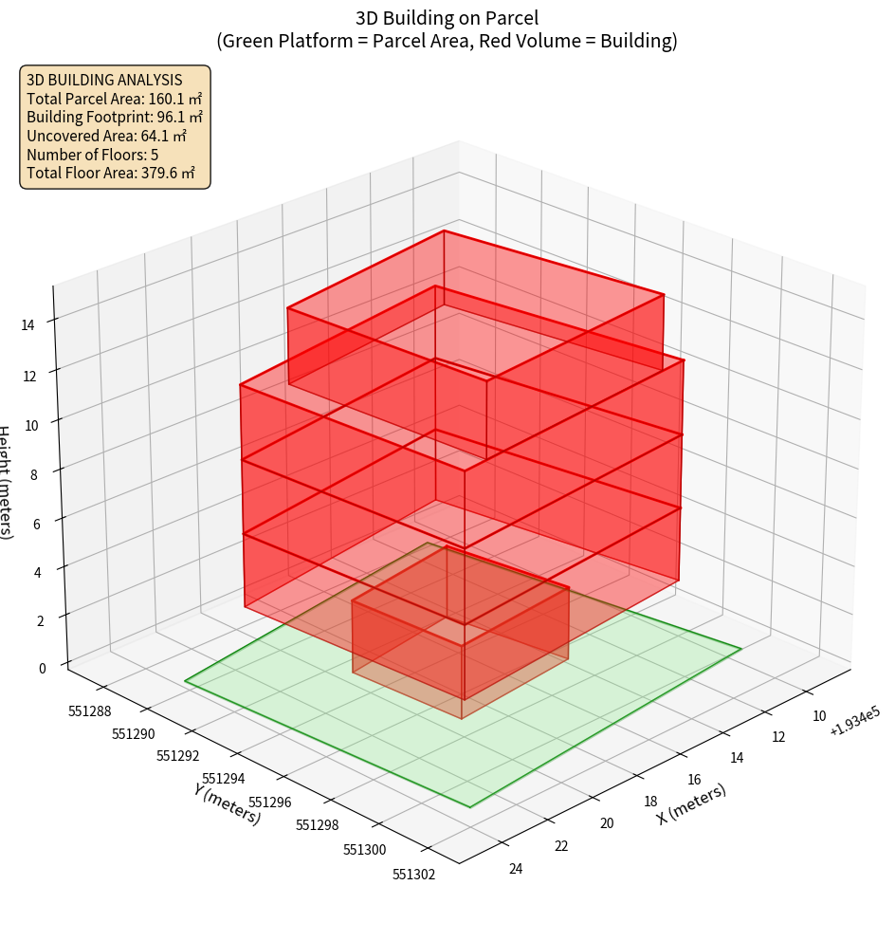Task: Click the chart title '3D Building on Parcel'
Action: pos(447,17)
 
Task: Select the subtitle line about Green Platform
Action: pos(447,41)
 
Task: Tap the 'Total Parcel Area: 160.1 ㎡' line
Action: pos(114,99)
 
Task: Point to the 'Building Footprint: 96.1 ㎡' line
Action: pos(115,117)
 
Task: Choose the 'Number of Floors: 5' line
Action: pos(93,155)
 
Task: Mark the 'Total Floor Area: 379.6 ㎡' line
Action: pos(111,173)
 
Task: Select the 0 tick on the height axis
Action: pos(42,668)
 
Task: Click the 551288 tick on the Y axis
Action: pos(90,710)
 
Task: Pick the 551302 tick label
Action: pos(413,874)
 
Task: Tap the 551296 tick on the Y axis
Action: pos(269,803)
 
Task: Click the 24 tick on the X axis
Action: pos(516,869)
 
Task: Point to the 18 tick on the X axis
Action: pos(650,802)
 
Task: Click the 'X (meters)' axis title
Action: pos(692,803)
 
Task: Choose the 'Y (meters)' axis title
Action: pos(228,803)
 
